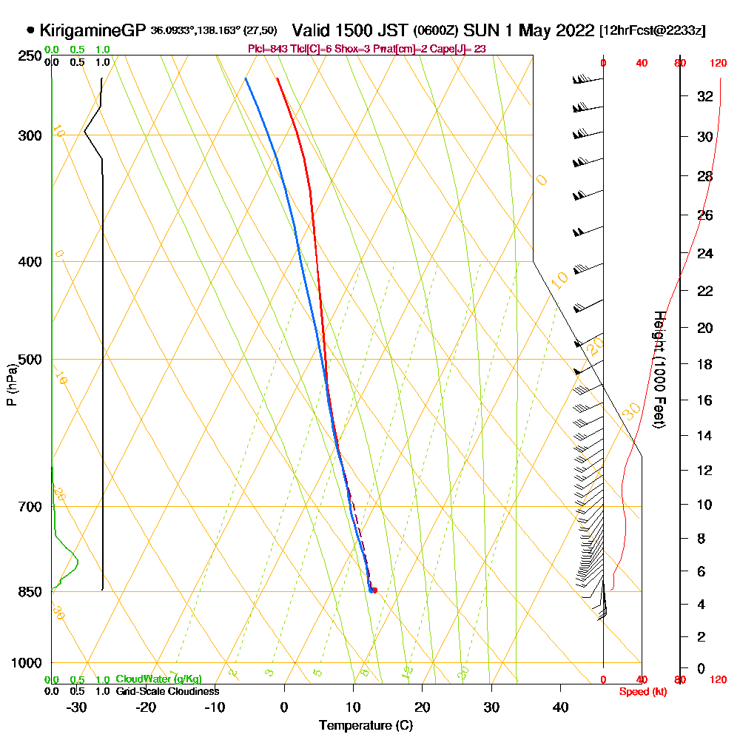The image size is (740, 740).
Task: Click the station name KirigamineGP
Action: (x=92, y=30)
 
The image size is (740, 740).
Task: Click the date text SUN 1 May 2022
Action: (x=530, y=30)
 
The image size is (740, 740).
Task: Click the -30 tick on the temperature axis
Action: (x=76, y=706)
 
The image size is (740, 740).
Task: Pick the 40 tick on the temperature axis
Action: (x=560, y=706)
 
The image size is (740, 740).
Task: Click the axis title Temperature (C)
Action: (x=366, y=725)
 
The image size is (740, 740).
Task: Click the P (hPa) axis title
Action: (x=11, y=385)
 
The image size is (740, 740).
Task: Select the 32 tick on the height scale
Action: (x=704, y=96)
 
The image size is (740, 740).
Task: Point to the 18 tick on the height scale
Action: (x=704, y=364)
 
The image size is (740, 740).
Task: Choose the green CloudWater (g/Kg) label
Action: (x=158, y=679)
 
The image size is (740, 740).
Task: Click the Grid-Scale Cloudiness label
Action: (x=167, y=691)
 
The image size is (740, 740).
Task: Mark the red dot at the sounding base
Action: (x=375, y=590)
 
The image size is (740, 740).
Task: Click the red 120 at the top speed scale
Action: (x=717, y=64)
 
